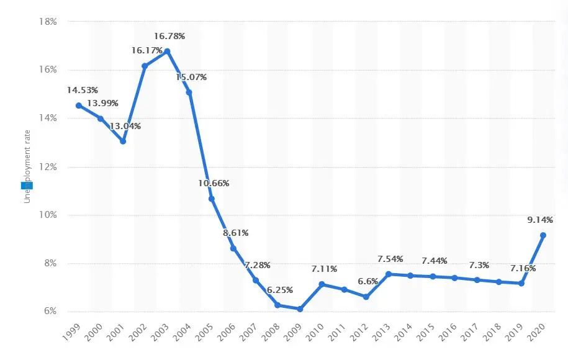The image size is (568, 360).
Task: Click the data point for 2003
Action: coord(167,51)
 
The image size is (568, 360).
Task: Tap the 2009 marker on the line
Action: coord(300,309)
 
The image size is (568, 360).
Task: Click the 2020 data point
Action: coord(543,235)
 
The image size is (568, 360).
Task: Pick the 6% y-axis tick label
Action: coord(50,312)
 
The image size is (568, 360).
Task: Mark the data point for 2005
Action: coord(212,199)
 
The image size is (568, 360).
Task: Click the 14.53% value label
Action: coord(82,91)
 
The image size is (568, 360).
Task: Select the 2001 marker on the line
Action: coord(123,141)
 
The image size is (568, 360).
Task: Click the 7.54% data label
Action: coord(389,259)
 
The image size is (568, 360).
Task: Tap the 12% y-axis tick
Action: coord(48,166)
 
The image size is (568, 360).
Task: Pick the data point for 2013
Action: coord(389,274)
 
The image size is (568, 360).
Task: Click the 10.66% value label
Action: coord(214,183)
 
